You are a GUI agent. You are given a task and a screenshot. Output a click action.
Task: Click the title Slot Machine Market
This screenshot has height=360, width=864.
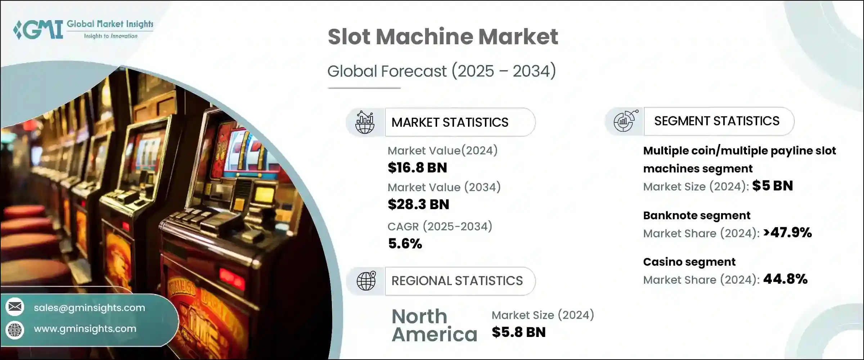click(443, 37)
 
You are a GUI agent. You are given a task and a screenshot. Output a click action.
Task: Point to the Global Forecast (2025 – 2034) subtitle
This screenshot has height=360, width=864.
click(441, 71)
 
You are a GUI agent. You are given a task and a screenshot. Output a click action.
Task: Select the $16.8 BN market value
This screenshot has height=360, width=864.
click(417, 168)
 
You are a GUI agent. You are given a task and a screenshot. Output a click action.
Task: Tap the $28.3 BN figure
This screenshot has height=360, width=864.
click(418, 204)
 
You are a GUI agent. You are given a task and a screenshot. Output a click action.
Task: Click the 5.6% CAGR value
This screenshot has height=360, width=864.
click(405, 244)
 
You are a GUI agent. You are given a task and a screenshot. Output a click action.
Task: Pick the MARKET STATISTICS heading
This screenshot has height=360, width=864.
click(450, 122)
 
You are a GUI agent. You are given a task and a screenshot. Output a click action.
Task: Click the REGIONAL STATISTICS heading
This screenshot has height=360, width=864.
click(457, 281)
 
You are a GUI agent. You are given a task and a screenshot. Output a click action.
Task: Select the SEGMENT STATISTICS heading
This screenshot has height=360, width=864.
click(716, 121)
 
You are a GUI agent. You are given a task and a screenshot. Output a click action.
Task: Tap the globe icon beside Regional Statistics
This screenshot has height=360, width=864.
click(366, 281)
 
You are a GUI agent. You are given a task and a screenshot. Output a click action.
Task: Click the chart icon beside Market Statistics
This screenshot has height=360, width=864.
click(365, 122)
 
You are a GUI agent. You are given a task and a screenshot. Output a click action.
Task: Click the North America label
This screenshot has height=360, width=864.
click(434, 325)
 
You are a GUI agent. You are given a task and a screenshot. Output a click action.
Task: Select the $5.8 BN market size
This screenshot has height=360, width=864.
click(518, 332)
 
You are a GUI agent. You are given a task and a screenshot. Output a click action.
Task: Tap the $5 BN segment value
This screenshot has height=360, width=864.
click(773, 186)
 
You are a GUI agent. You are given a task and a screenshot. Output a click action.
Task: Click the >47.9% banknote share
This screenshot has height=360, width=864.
click(787, 233)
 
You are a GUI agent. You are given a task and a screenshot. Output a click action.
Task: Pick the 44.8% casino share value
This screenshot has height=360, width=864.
click(785, 279)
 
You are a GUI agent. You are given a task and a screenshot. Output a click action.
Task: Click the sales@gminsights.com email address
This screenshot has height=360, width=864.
click(89, 308)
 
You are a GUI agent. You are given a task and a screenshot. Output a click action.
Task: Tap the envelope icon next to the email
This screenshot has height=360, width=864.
click(15, 307)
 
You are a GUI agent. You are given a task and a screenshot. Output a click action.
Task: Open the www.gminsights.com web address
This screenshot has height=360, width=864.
click(85, 329)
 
